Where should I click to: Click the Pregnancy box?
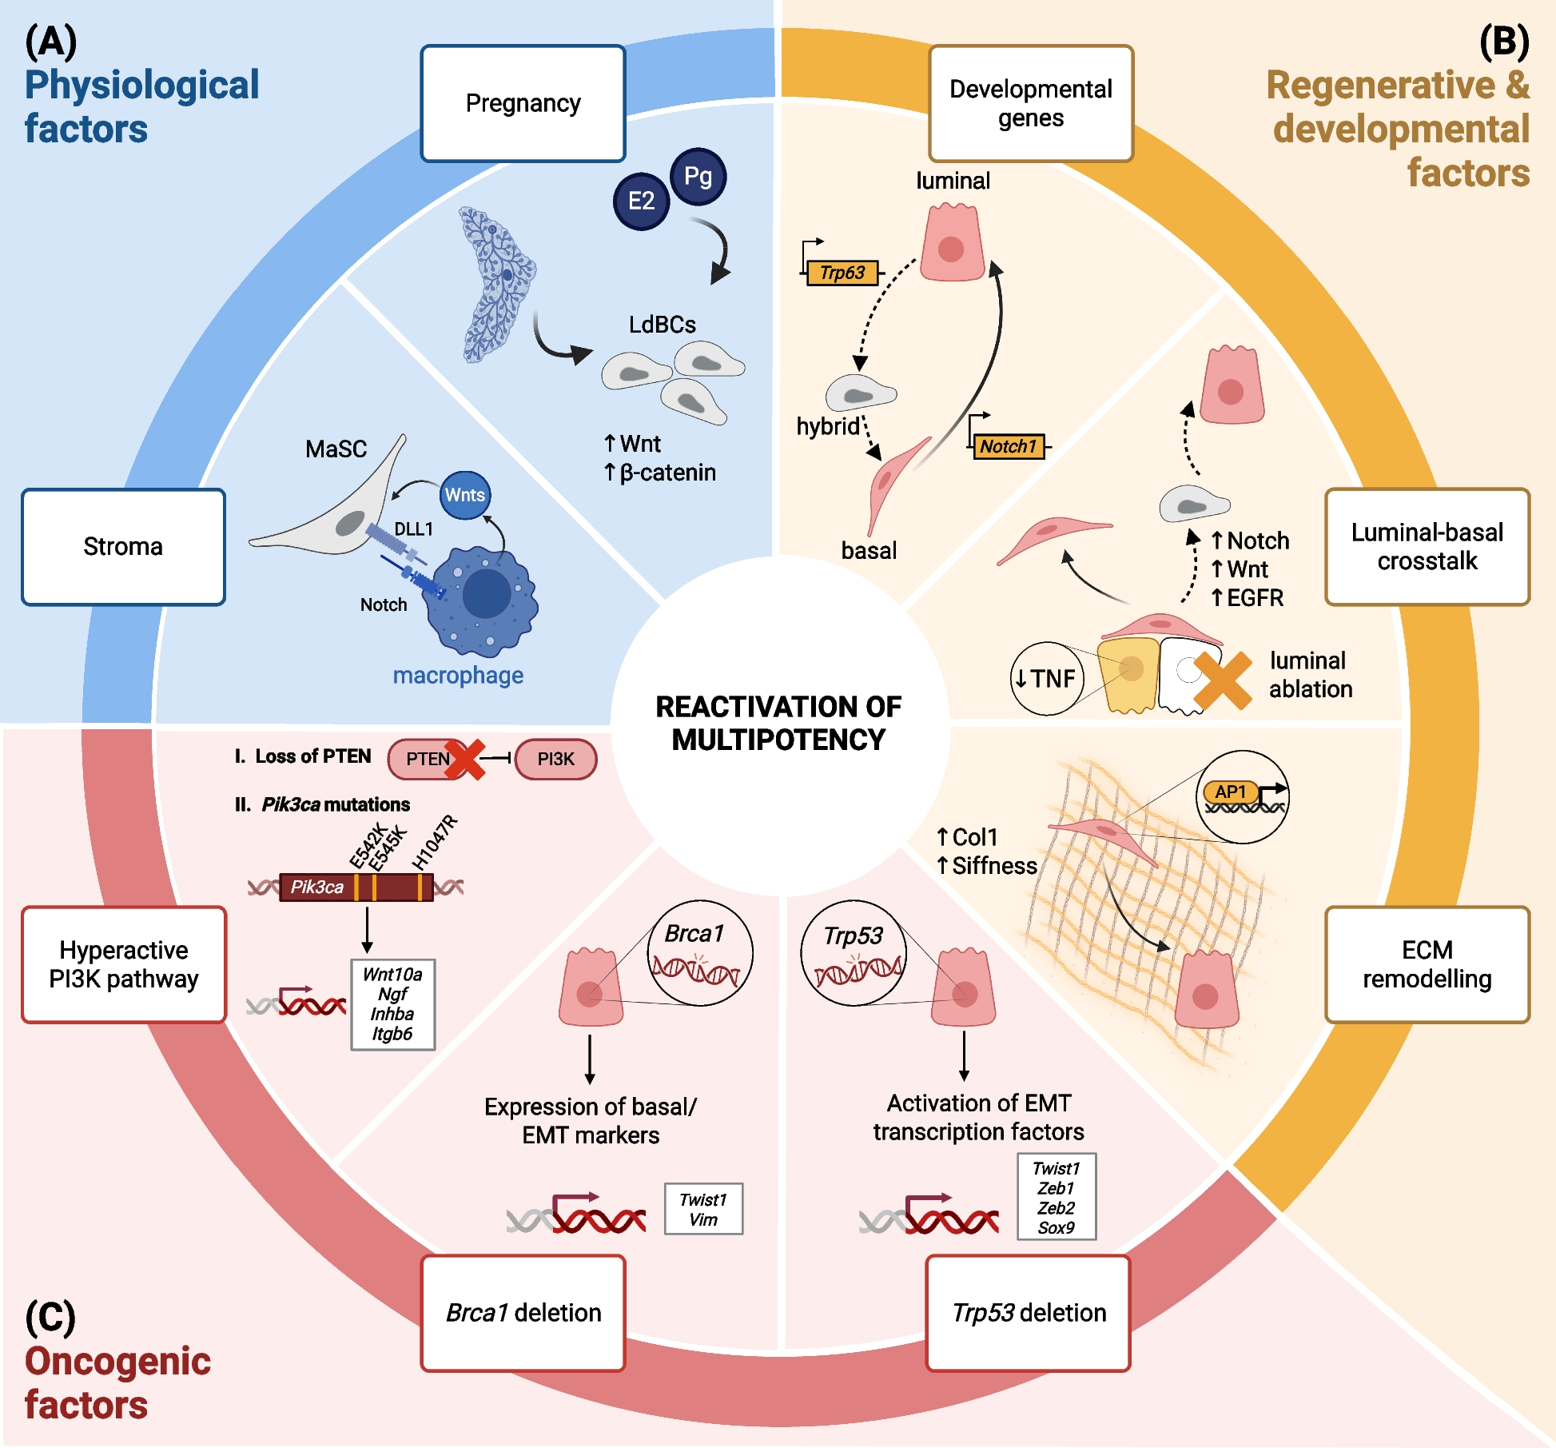pyautogui.click(x=523, y=103)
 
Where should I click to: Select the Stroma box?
pyautogui.click(x=123, y=547)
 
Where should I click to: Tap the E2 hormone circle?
pyautogui.click(x=641, y=201)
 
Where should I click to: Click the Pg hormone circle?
pyautogui.click(x=698, y=177)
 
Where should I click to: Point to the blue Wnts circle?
pyautogui.click(x=465, y=495)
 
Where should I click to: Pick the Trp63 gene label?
pyautogui.click(x=842, y=273)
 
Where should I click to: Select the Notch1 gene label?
pyautogui.click(x=1009, y=446)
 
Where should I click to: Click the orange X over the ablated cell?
pyautogui.click(x=1222, y=681)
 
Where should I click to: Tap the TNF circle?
pyautogui.click(x=1046, y=679)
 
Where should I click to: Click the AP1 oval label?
pyautogui.click(x=1230, y=792)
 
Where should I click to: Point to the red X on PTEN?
pyautogui.click(x=465, y=759)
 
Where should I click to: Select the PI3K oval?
pyautogui.click(x=555, y=759)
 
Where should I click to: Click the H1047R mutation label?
pyautogui.click(x=435, y=842)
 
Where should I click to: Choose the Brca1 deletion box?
pyautogui.click(x=523, y=1313)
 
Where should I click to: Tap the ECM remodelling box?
pyautogui.click(x=1427, y=964)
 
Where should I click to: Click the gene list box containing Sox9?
pyautogui.click(x=1056, y=1197)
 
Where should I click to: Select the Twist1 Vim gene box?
pyautogui.click(x=703, y=1209)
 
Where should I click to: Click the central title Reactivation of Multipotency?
pyautogui.click(x=778, y=723)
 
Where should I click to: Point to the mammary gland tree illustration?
pyautogui.click(x=495, y=284)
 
